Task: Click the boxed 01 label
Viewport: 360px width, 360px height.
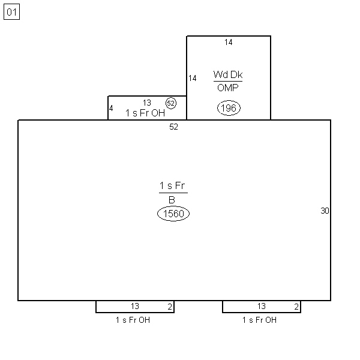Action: [12, 12]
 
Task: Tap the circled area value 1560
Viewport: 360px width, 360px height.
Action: [173, 214]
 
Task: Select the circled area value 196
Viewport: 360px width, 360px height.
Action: [229, 108]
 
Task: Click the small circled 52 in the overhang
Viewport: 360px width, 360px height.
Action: [171, 103]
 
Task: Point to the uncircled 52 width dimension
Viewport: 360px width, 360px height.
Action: [173, 127]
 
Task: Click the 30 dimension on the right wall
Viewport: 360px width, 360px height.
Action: [325, 211]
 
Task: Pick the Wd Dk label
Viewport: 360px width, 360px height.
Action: [228, 74]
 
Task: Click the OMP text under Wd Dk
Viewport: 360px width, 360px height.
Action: [228, 88]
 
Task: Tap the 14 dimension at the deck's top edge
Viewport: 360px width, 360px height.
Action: [229, 42]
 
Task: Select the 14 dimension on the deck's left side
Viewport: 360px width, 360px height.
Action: [193, 78]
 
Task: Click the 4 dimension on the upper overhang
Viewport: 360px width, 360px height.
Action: [111, 108]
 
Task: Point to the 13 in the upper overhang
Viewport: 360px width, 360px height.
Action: [147, 103]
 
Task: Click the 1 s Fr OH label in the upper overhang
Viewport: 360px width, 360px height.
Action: [145, 113]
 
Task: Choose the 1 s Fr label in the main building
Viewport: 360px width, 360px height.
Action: [172, 185]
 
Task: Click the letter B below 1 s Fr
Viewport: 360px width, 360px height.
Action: [172, 200]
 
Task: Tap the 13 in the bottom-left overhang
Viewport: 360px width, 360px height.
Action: [135, 306]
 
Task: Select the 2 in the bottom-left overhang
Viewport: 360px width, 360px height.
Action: [170, 307]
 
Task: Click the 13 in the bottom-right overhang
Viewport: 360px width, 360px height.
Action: [262, 306]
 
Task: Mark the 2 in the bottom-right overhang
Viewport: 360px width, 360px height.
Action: [296, 307]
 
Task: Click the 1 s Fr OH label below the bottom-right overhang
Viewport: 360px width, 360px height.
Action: [259, 320]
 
